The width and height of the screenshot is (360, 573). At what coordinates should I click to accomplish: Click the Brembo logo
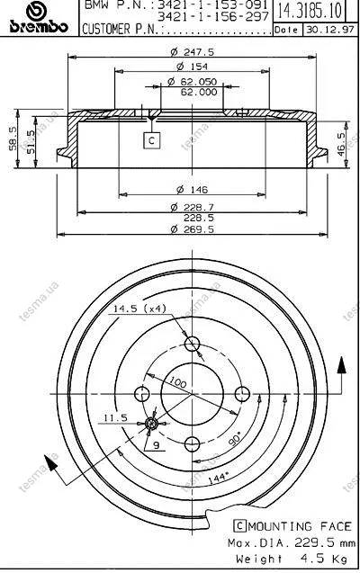(x=39, y=17)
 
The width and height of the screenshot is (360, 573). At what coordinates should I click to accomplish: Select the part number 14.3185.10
(x=310, y=11)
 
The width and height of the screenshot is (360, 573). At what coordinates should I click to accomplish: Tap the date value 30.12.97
(x=330, y=30)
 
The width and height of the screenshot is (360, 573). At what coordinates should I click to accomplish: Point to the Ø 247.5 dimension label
(x=193, y=52)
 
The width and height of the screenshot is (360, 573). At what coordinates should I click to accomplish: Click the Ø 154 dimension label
(x=192, y=67)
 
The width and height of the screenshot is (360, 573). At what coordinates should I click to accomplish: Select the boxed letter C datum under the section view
(x=152, y=140)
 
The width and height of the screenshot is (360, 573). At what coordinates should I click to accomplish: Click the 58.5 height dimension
(x=13, y=139)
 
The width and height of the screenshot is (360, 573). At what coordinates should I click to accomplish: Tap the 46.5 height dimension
(x=341, y=144)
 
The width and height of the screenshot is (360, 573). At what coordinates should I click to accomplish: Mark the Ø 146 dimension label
(x=192, y=189)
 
